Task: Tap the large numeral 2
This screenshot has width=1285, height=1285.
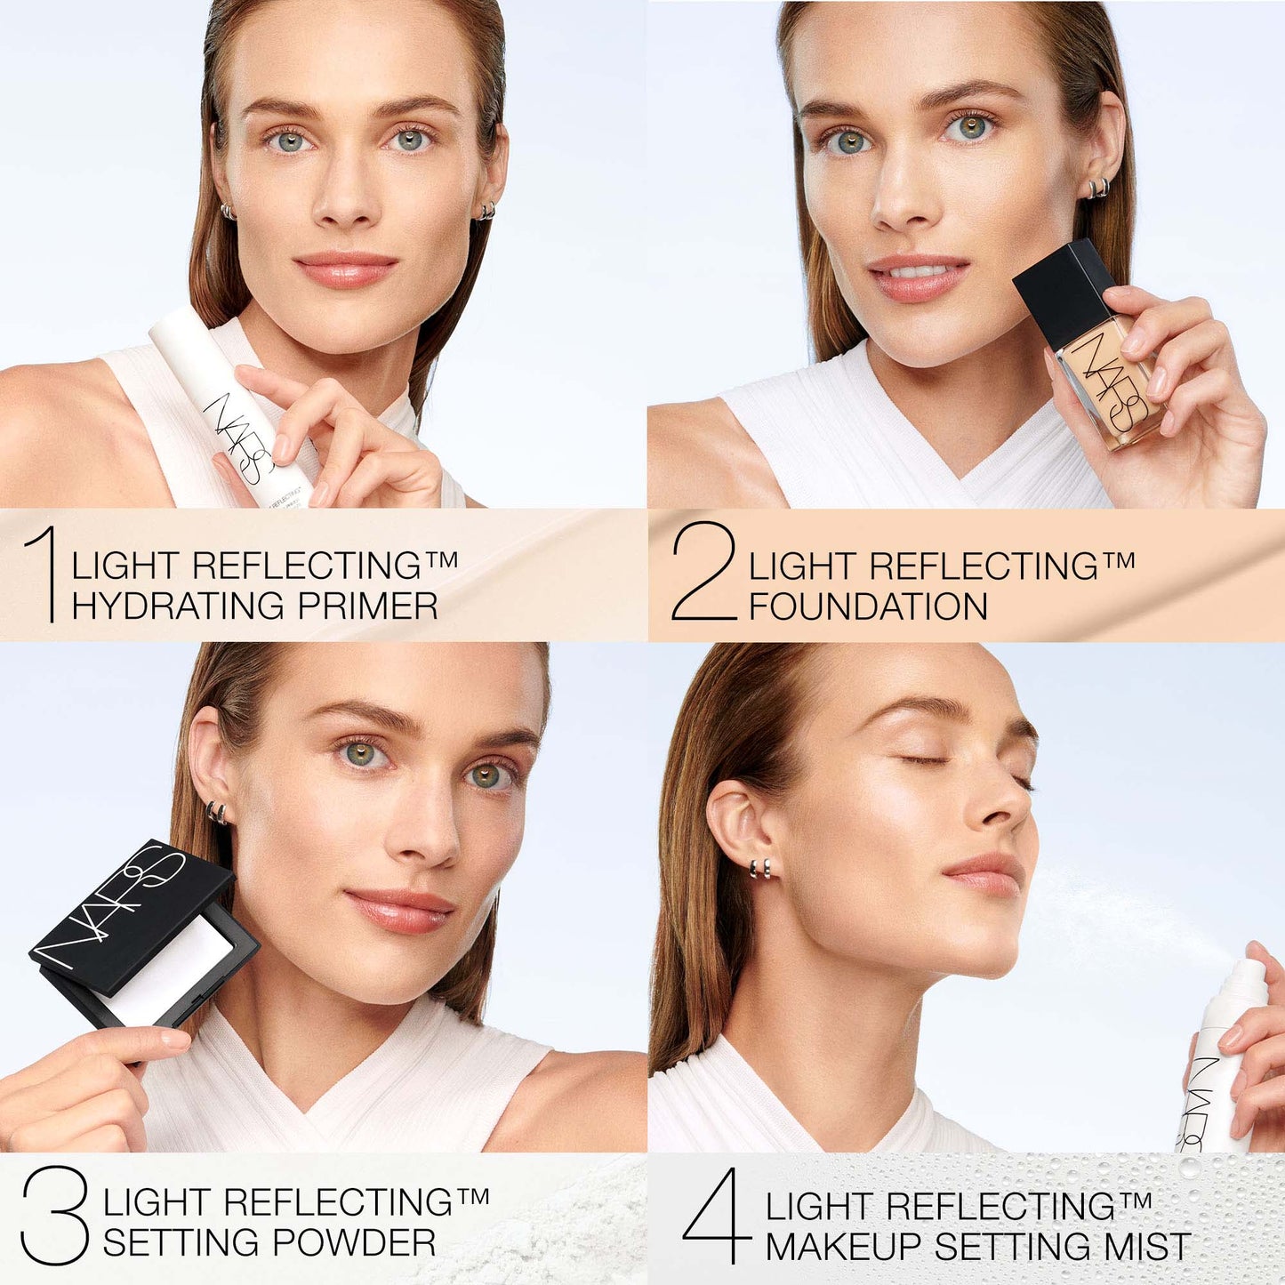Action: [703, 571]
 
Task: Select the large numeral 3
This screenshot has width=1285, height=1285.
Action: [55, 1215]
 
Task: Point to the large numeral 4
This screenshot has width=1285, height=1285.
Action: [718, 1216]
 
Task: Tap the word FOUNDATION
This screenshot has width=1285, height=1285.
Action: [868, 607]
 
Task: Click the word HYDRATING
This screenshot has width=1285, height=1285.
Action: [179, 606]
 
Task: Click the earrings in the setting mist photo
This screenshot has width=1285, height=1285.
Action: [759, 868]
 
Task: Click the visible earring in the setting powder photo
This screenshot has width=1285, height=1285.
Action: [216, 812]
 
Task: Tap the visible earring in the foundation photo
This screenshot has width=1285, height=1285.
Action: [1099, 189]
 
